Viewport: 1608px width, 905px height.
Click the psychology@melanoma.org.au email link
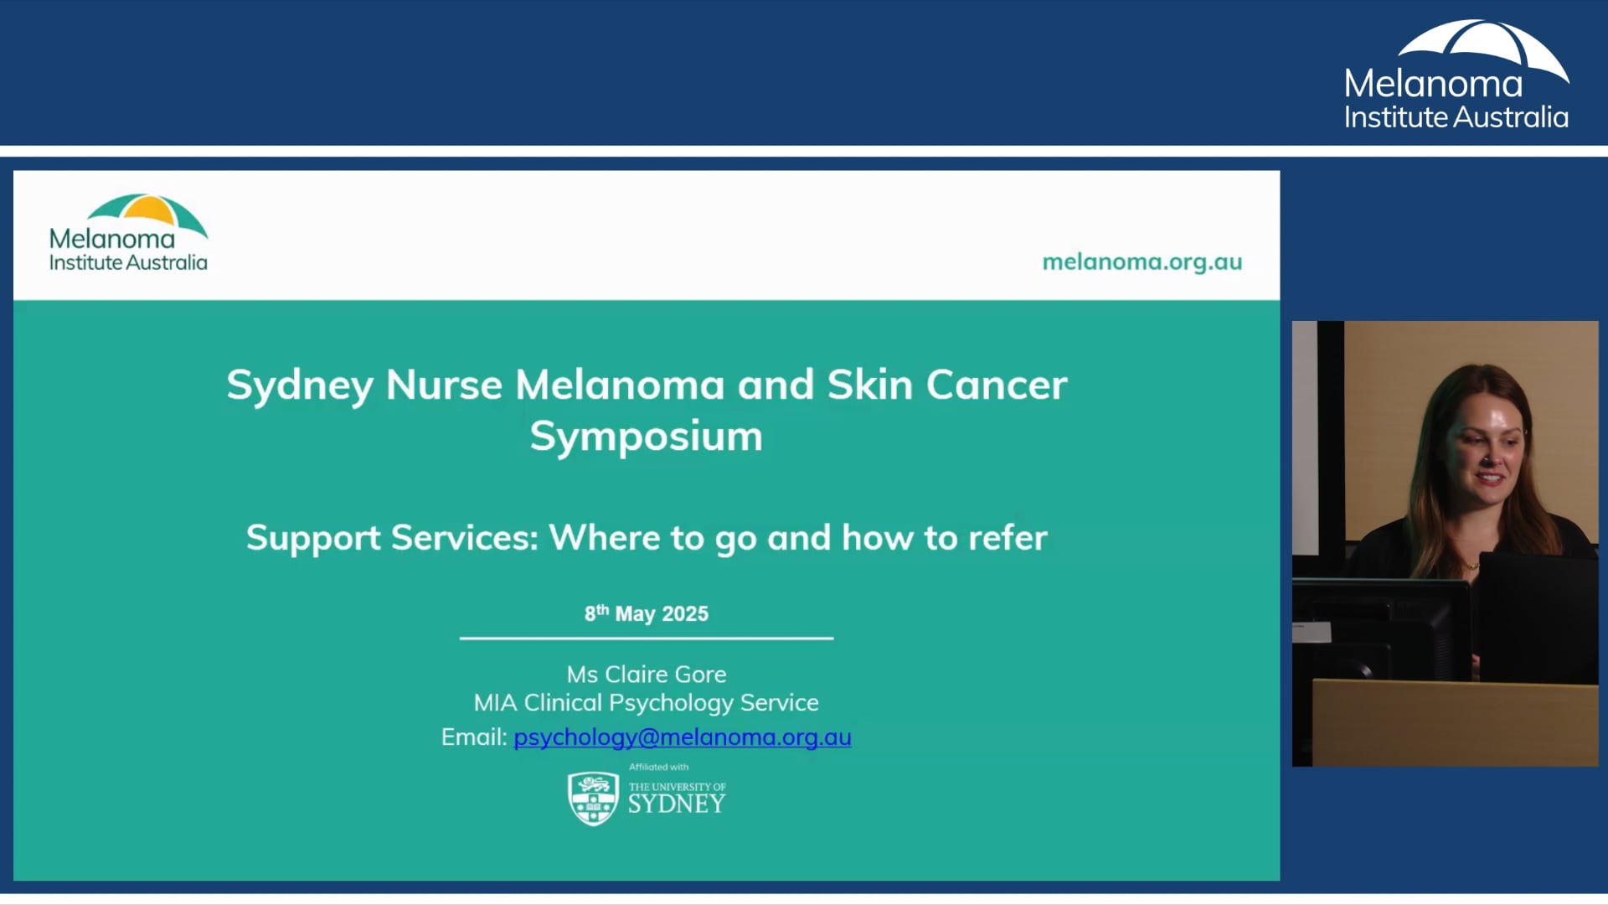(682, 737)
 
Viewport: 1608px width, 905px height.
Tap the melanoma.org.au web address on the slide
(1142, 262)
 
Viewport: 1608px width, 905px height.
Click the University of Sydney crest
(593, 799)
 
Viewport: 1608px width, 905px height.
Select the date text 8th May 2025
(647, 613)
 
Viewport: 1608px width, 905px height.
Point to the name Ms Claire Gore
(647, 675)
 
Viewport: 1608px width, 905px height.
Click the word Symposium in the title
(647, 437)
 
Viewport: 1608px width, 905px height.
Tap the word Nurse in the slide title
(444, 385)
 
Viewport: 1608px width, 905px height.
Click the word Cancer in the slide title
(997, 385)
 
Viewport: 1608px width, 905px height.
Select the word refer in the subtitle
(1008, 538)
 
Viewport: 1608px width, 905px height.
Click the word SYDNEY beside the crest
(677, 804)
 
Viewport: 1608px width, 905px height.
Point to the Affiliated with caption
(659, 767)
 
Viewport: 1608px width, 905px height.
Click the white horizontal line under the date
(647, 639)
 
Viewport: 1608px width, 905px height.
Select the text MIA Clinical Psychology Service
(647, 703)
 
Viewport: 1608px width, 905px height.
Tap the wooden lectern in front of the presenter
(1456, 723)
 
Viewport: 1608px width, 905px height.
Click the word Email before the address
(474, 737)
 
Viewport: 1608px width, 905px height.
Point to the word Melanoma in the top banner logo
(1434, 84)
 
